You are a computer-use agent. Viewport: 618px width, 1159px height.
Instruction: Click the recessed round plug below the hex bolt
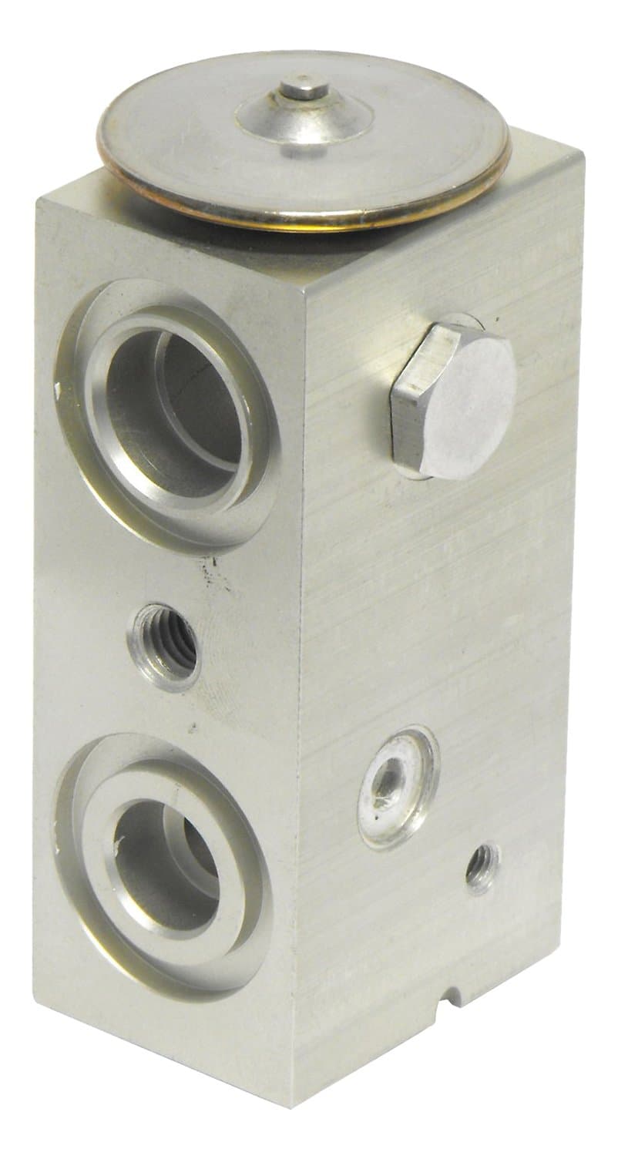coord(398,786)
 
